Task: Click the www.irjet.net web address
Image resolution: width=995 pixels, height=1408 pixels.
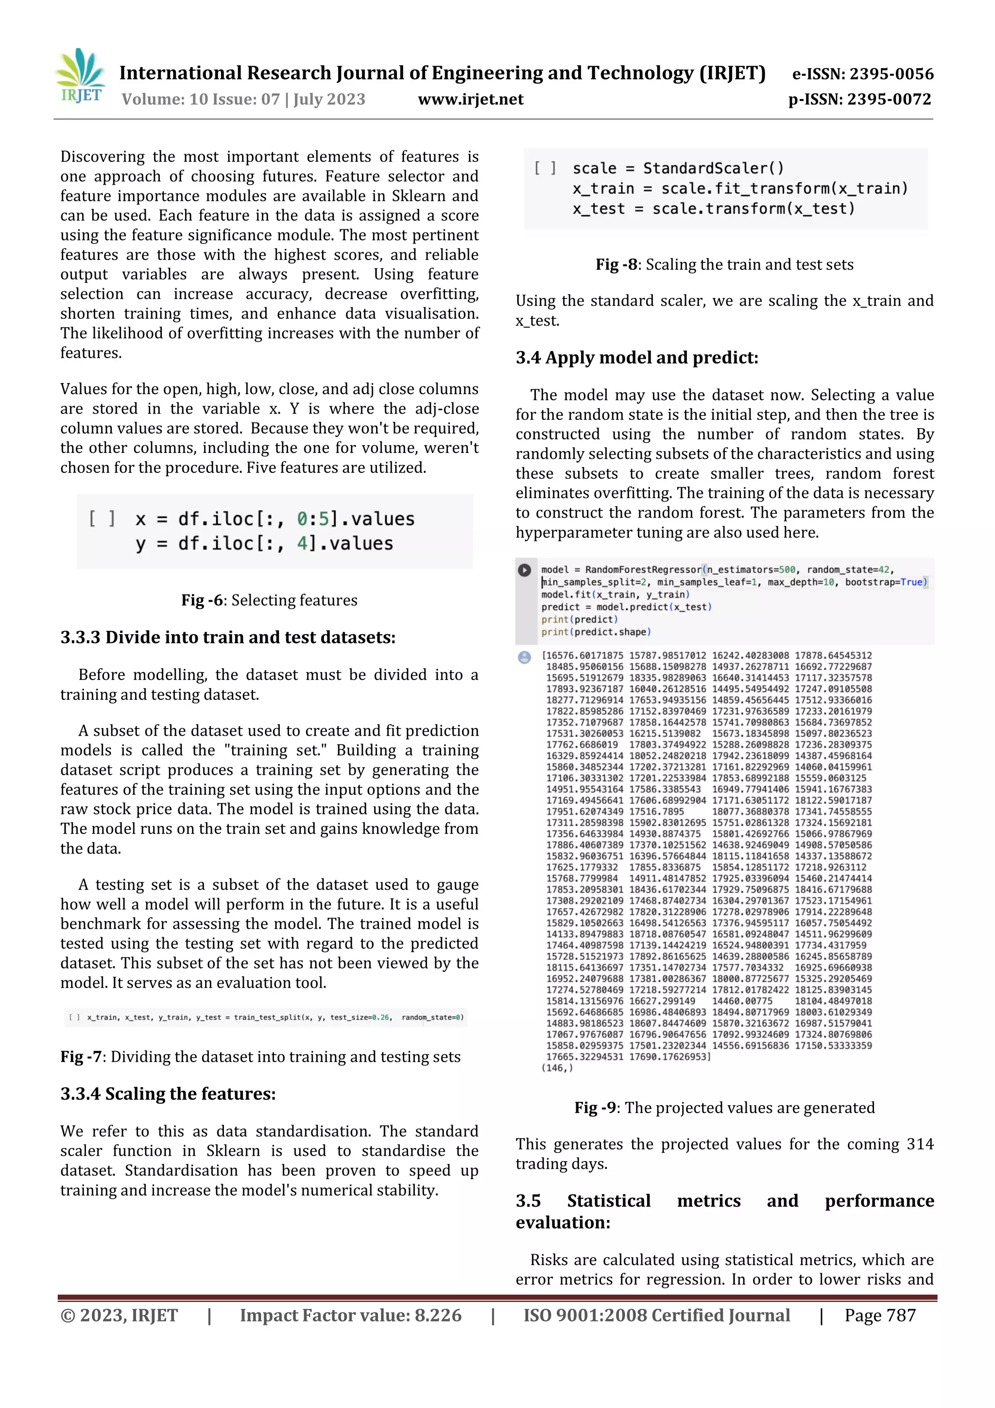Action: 470,99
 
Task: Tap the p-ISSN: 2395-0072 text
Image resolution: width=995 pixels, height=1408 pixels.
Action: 859,99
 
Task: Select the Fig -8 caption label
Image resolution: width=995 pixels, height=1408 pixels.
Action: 618,264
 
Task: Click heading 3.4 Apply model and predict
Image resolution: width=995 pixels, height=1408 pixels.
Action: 636,358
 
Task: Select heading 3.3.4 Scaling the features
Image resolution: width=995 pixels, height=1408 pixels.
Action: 168,1094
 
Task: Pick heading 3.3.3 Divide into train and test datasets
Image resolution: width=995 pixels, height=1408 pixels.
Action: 227,638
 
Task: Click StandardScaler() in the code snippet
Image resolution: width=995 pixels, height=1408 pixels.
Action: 713,169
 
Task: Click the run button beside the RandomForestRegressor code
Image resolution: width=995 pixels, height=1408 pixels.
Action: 524,570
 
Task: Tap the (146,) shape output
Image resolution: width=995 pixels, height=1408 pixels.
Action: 557,1068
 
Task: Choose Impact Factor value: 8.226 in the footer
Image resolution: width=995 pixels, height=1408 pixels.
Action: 350,1315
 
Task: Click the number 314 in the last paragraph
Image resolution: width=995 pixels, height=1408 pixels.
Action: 920,1144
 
